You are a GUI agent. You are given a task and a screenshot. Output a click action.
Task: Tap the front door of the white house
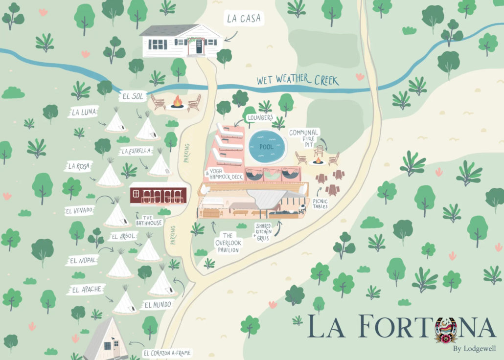pyautogui.click(x=199, y=46)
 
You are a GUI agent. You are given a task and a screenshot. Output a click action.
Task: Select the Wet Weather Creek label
pyautogui.click(x=298, y=80)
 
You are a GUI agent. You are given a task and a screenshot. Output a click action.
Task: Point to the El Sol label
pyautogui.click(x=133, y=97)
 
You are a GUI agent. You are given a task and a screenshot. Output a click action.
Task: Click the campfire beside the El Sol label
pyautogui.click(x=177, y=103)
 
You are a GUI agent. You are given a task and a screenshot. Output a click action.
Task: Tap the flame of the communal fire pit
pyautogui.click(x=318, y=159)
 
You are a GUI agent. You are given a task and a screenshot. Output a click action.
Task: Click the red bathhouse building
pyautogui.click(x=158, y=194)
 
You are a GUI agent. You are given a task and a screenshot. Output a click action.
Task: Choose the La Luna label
pyautogui.click(x=84, y=112)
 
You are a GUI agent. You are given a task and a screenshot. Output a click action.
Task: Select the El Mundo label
pyautogui.click(x=158, y=305)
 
